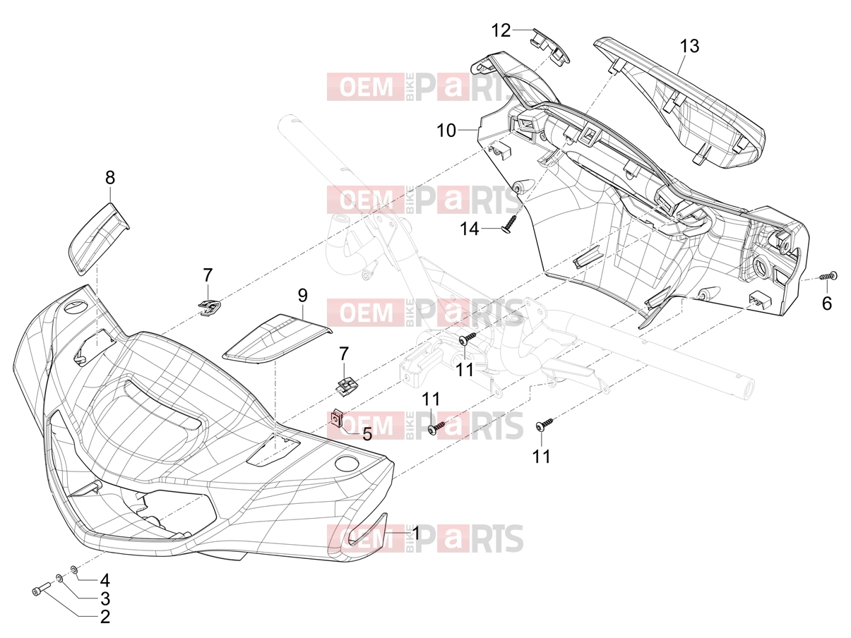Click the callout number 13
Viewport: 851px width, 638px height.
pyautogui.click(x=689, y=46)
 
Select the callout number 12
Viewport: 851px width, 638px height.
pyautogui.click(x=501, y=30)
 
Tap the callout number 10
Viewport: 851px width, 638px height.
pyautogui.click(x=446, y=131)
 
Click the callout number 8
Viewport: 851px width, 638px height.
pyautogui.click(x=110, y=177)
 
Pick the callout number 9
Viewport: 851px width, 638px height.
pyautogui.click(x=303, y=296)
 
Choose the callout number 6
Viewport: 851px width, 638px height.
pyautogui.click(x=827, y=303)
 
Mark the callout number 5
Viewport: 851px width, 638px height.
pyautogui.click(x=367, y=434)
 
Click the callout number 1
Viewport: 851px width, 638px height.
pyautogui.click(x=416, y=534)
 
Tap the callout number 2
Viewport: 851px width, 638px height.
pyautogui.click(x=105, y=617)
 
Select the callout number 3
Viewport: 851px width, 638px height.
pyautogui.click(x=105, y=598)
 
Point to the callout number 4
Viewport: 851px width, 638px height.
pyautogui.click(x=105, y=581)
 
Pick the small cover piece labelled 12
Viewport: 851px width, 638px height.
pyautogui.click(x=549, y=46)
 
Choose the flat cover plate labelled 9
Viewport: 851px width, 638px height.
pyautogui.click(x=278, y=339)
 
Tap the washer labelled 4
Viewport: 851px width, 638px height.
pyautogui.click(x=73, y=569)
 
